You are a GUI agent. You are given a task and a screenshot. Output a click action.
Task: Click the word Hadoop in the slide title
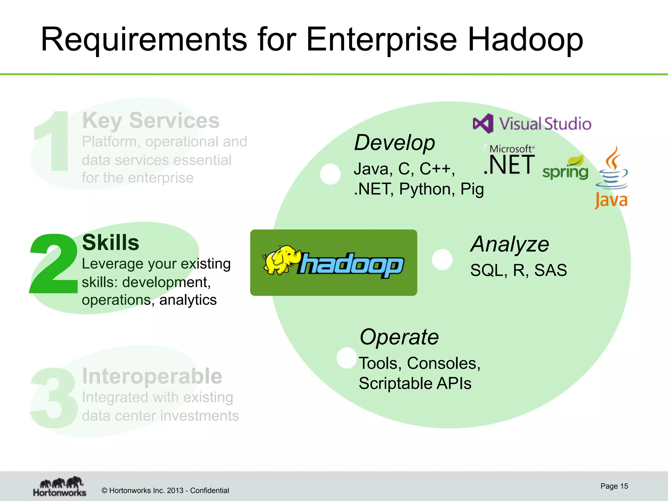click(x=525, y=40)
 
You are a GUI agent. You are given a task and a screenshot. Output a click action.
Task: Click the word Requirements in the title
click(x=144, y=40)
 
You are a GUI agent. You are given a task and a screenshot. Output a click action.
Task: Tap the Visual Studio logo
click(x=532, y=124)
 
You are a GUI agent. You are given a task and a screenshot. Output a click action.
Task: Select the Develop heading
click(x=395, y=143)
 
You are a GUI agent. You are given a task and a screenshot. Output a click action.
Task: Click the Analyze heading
click(x=509, y=244)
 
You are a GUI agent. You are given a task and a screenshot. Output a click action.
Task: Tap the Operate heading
click(x=399, y=337)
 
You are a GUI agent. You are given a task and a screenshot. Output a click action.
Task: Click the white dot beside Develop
click(x=330, y=174)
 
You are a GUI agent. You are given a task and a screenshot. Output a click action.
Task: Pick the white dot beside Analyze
click(x=442, y=259)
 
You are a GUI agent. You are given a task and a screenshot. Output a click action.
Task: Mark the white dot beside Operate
click(x=347, y=358)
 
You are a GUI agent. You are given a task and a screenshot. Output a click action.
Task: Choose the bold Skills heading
click(x=111, y=243)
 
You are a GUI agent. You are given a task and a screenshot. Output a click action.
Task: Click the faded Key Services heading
click(x=151, y=121)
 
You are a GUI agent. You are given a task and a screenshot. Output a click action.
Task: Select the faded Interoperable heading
click(x=152, y=376)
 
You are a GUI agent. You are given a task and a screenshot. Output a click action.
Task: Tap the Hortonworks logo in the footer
click(x=60, y=487)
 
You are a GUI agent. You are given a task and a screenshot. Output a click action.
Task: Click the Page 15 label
click(x=614, y=486)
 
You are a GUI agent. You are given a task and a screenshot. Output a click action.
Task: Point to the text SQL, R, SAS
click(x=518, y=270)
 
